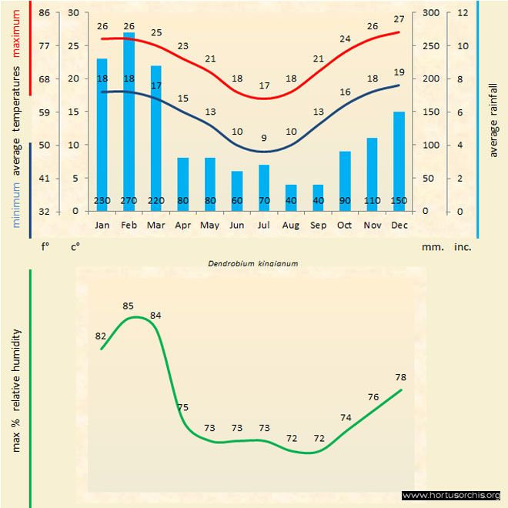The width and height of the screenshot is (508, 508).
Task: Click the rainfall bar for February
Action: pyautogui.click(x=129, y=115)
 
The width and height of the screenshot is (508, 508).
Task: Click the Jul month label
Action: pyautogui.click(x=264, y=226)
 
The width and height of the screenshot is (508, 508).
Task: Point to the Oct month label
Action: pyautogui.click(x=345, y=226)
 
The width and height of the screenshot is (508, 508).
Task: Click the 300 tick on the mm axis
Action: pyautogui.click(x=429, y=13)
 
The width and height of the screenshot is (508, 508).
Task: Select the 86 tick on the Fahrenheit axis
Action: pyautogui.click(x=44, y=13)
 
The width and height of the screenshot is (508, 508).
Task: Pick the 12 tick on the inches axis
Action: pyautogui.click(x=462, y=13)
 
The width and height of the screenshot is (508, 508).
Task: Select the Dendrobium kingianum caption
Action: pyautogui.click(x=253, y=262)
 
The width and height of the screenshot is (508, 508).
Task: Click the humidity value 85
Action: pyautogui.click(x=129, y=306)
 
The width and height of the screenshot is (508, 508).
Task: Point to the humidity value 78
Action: pyautogui.click(x=400, y=377)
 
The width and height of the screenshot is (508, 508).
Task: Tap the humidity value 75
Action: pyautogui.click(x=182, y=407)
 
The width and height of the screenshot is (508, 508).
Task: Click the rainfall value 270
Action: pyautogui.click(x=129, y=201)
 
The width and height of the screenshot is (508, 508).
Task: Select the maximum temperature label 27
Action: pyautogui.click(x=399, y=19)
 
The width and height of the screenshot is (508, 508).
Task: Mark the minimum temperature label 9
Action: pyautogui.click(x=264, y=138)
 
